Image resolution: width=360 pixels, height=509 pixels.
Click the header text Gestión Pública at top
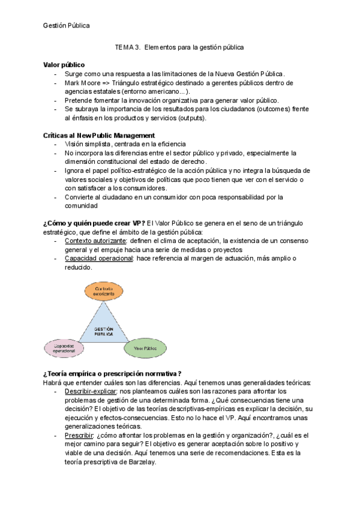[67, 25]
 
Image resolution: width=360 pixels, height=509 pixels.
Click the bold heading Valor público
[64, 64]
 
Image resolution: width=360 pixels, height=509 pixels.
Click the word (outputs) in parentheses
[187, 118]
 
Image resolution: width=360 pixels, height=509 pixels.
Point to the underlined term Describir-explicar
[91, 391]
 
